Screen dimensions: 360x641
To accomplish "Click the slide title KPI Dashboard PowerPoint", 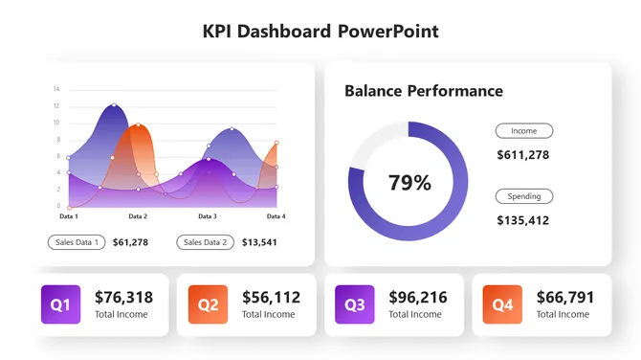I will [x=320, y=31].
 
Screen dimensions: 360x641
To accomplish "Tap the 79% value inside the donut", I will [x=409, y=182].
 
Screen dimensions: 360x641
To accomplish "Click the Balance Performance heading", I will [x=423, y=91].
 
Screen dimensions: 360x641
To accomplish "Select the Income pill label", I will [x=523, y=131].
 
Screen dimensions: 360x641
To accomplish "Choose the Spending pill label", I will [x=523, y=196].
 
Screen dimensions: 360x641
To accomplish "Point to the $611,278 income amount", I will [x=522, y=154].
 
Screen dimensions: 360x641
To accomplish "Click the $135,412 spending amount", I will [x=522, y=220].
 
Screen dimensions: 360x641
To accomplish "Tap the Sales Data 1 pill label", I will [x=77, y=242].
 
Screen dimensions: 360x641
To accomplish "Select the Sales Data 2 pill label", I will [x=206, y=242].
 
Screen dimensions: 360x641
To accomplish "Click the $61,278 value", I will [x=130, y=242].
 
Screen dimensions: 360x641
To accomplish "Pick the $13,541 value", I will [x=259, y=242].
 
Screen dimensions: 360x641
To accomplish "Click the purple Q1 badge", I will [x=60, y=304].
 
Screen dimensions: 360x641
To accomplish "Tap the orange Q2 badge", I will [x=208, y=304].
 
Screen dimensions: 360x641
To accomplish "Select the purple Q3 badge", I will [x=355, y=304].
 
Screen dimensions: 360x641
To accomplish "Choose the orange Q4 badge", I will [x=502, y=304].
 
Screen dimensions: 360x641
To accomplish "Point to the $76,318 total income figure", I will [x=123, y=297].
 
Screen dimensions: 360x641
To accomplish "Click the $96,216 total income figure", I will [x=418, y=297].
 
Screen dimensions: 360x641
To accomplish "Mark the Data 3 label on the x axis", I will [x=208, y=217].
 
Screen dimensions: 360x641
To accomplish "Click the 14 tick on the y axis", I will [x=56, y=89].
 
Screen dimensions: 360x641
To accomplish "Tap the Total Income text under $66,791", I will [x=563, y=314].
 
